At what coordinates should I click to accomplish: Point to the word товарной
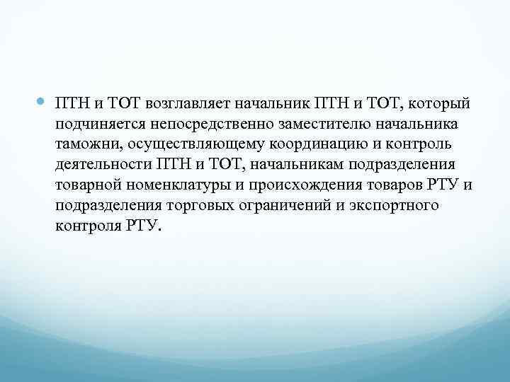coord(85,185)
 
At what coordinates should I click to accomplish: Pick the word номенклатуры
coord(169,185)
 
